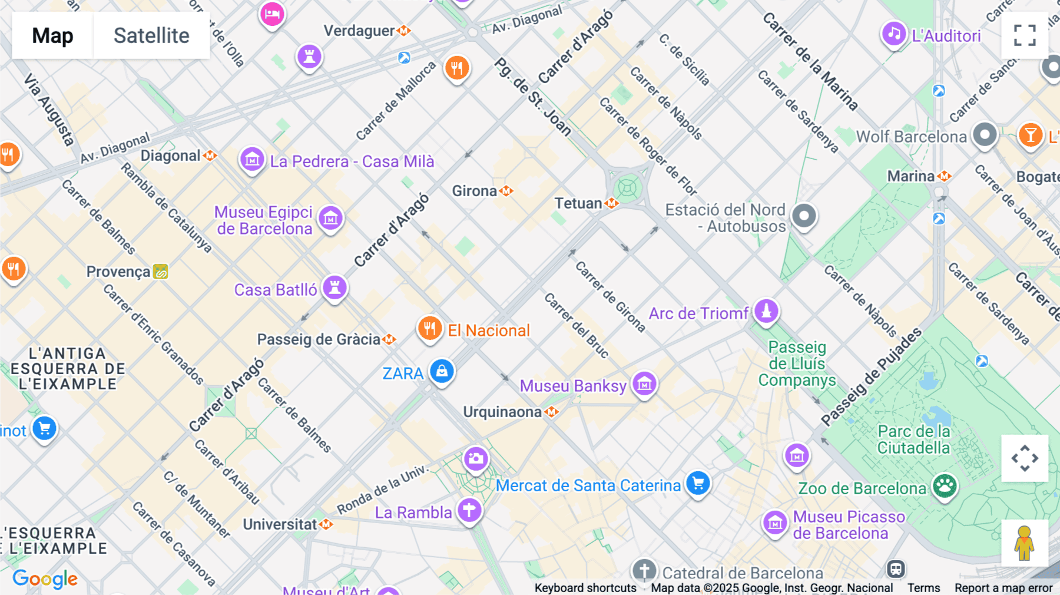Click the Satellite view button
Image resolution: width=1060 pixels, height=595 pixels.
[x=151, y=35]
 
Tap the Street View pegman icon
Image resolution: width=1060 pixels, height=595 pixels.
[x=1024, y=543]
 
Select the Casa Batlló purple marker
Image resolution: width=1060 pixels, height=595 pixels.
[x=334, y=288]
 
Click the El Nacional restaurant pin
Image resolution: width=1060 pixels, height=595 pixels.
[x=430, y=329]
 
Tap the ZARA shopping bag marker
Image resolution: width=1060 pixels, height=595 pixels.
[x=442, y=372]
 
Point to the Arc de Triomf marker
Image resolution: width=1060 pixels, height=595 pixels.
[x=766, y=311]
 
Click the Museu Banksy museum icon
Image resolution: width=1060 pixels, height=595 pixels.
[x=644, y=384]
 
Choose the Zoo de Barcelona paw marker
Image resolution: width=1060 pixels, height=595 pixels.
[x=945, y=487]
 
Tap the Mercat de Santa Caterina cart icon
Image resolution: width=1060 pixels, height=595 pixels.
[x=698, y=484]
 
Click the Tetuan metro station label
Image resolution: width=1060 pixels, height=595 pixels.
[x=578, y=203]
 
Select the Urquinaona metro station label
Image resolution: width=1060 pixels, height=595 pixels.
[x=502, y=412]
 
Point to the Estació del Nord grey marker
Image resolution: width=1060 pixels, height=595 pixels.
[x=804, y=216]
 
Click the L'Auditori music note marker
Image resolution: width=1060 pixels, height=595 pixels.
[x=893, y=34]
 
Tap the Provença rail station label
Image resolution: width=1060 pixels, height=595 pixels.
[x=118, y=272]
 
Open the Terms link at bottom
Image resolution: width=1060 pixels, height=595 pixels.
[x=923, y=587]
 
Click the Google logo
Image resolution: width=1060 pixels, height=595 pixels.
[x=45, y=579]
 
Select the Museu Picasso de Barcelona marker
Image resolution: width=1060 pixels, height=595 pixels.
[x=775, y=523]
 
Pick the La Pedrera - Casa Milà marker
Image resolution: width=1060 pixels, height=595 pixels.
[x=252, y=160]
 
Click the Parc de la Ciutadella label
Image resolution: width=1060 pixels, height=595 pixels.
[x=913, y=439]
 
